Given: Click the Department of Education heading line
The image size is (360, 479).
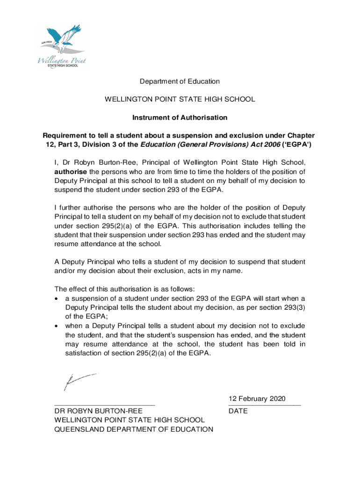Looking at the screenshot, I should pyautogui.click(x=180, y=81).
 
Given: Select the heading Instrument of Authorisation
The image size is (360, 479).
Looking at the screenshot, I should pyautogui.click(x=180, y=117).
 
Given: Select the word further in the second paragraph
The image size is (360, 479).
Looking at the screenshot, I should pyautogui.click(x=74, y=207).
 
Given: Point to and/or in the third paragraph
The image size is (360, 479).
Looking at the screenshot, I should pyautogui.click(x=67, y=271).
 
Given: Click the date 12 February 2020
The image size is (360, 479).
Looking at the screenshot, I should pyautogui.click(x=256, y=399).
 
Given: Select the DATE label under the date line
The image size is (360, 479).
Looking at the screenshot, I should pyautogui.click(x=238, y=411).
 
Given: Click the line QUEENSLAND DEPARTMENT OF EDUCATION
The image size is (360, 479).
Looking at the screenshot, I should pyautogui.click(x=134, y=429).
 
